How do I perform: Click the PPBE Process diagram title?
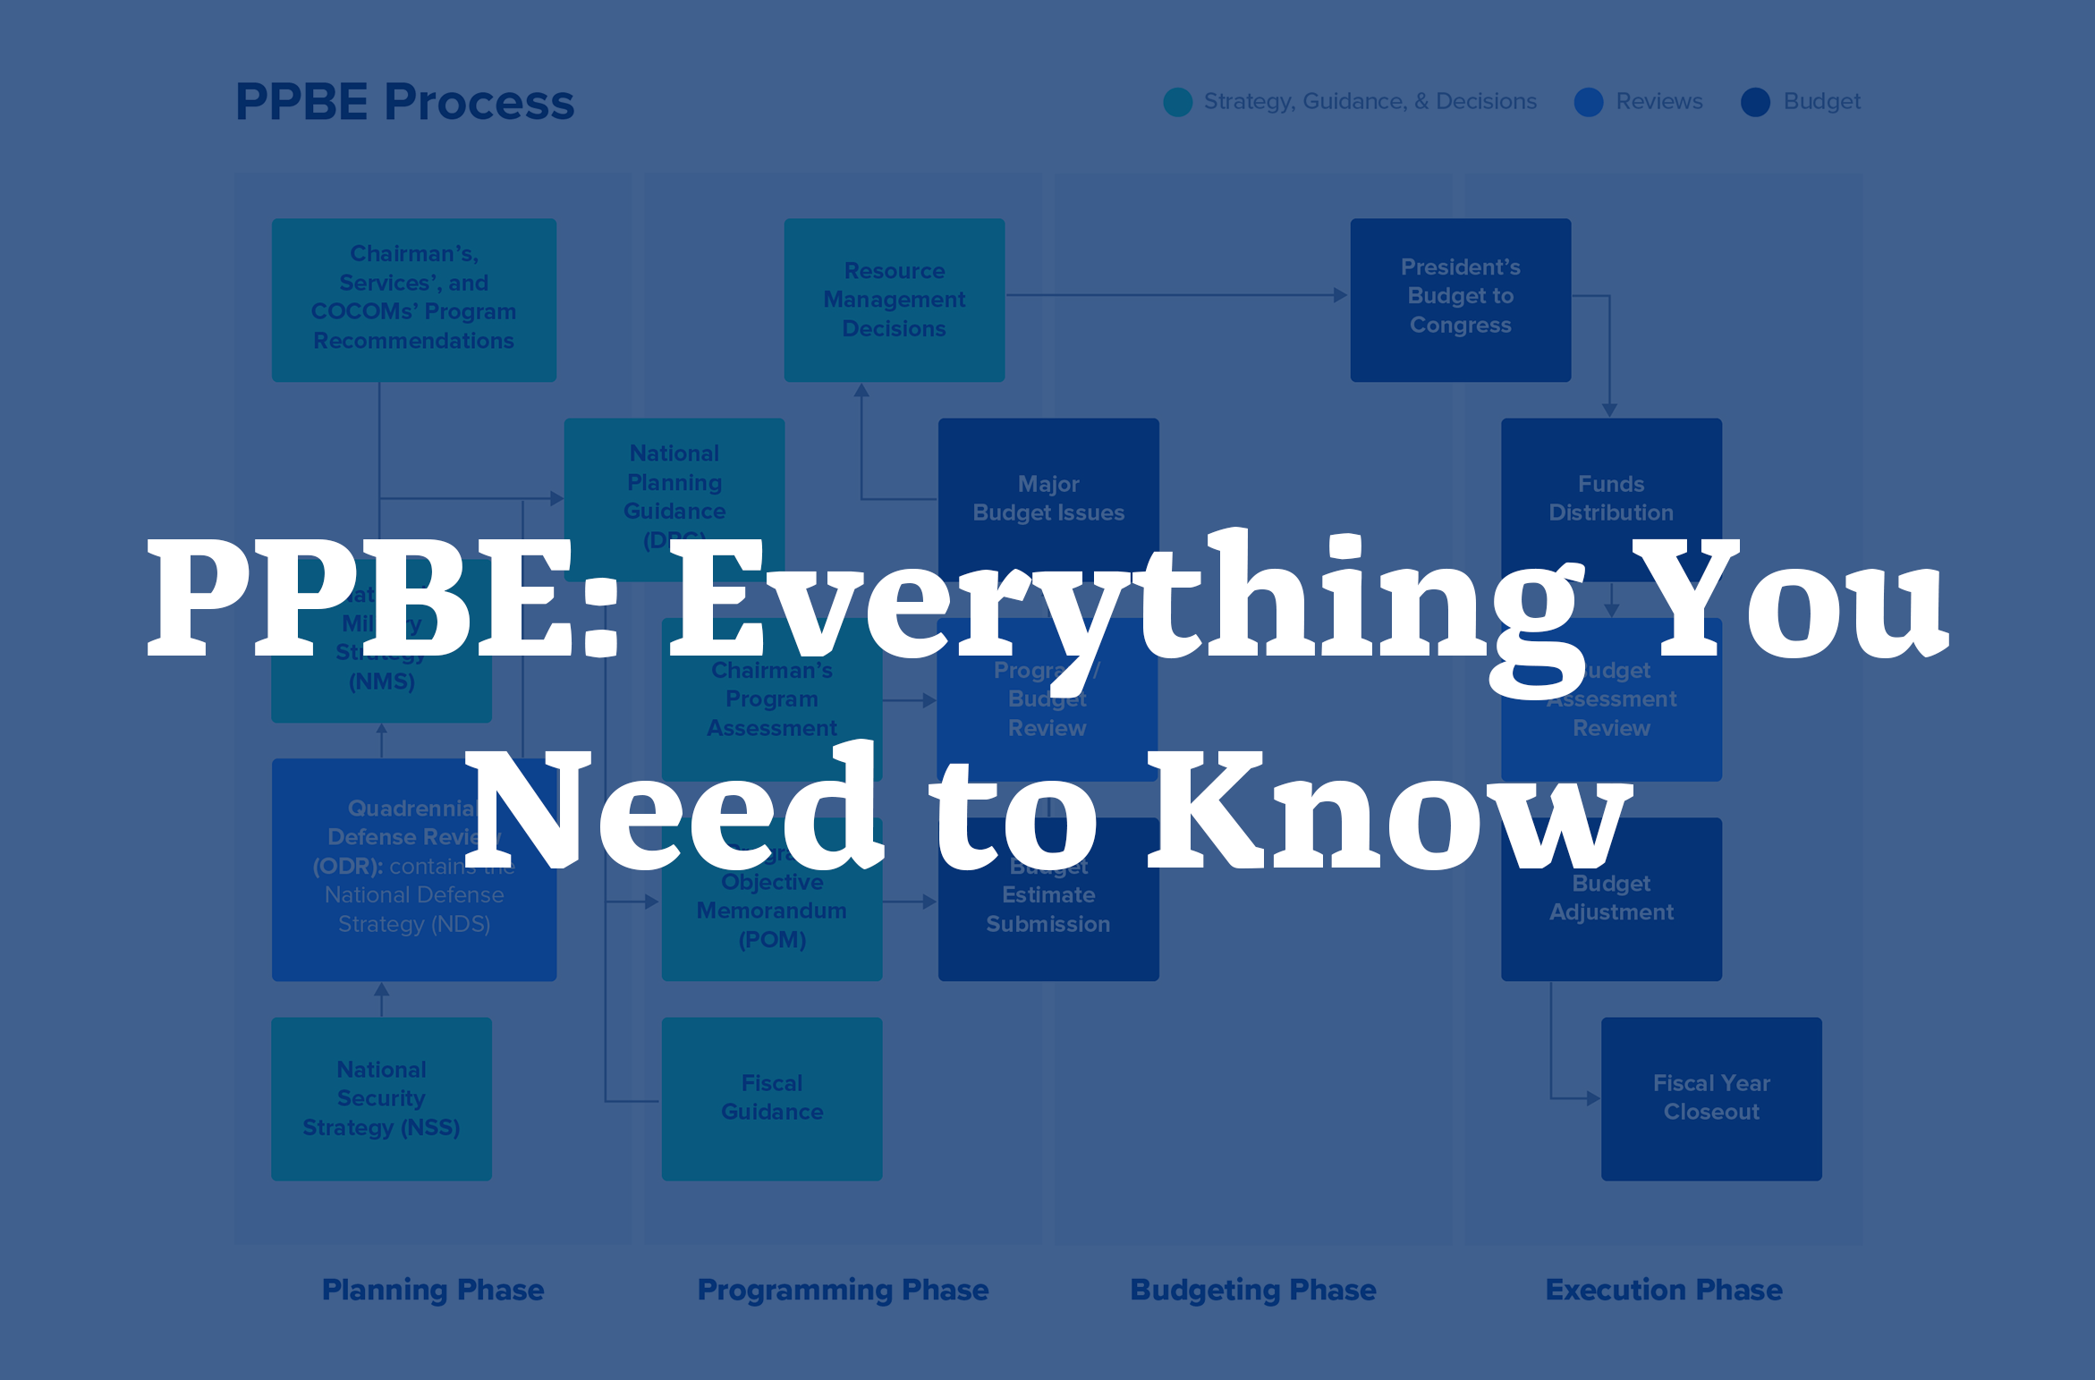pyautogui.click(x=404, y=102)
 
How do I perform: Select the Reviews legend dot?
pyautogui.click(x=1588, y=102)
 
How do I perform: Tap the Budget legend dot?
pyautogui.click(x=1755, y=102)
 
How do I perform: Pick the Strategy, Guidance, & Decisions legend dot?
pyautogui.click(x=1177, y=102)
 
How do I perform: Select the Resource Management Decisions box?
pyautogui.click(x=894, y=300)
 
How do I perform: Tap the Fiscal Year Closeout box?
pyautogui.click(x=1710, y=1098)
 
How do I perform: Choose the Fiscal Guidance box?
pyautogui.click(x=771, y=1098)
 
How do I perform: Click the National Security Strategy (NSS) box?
pyautogui.click(x=381, y=1098)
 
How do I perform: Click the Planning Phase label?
pyautogui.click(x=433, y=1290)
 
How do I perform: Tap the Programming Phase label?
pyautogui.click(x=843, y=1290)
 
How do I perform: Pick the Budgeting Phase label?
pyautogui.click(x=1252, y=1290)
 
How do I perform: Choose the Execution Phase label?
pyautogui.click(x=1664, y=1290)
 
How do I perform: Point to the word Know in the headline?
pyautogui.click(x=1387, y=809)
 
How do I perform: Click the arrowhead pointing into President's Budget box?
pyautogui.click(x=1340, y=295)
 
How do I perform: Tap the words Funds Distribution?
pyautogui.click(x=1610, y=498)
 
